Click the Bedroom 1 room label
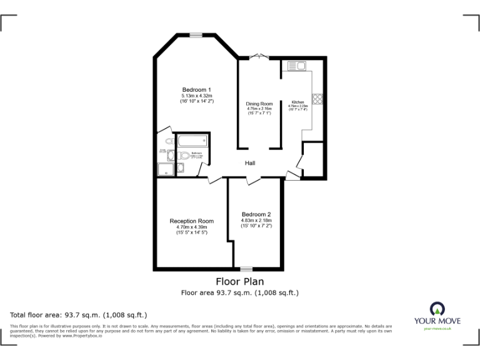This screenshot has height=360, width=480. [196, 89]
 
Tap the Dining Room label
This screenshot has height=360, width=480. [259, 104]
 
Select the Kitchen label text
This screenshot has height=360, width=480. [297, 102]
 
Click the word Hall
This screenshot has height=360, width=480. [249, 163]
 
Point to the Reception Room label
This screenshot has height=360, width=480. [191, 221]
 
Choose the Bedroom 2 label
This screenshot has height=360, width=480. [256, 214]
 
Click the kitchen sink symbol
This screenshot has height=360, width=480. [296, 66]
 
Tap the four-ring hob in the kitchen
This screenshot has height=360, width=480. [317, 98]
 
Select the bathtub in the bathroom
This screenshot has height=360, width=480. [192, 141]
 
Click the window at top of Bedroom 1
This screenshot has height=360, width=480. [196, 35]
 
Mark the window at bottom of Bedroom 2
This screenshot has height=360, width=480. [246, 269]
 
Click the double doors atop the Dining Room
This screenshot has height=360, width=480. [259, 57]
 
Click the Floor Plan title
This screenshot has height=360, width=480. [239, 281]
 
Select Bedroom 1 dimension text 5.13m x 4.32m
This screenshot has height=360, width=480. [196, 95]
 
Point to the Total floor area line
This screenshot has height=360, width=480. [78, 315]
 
